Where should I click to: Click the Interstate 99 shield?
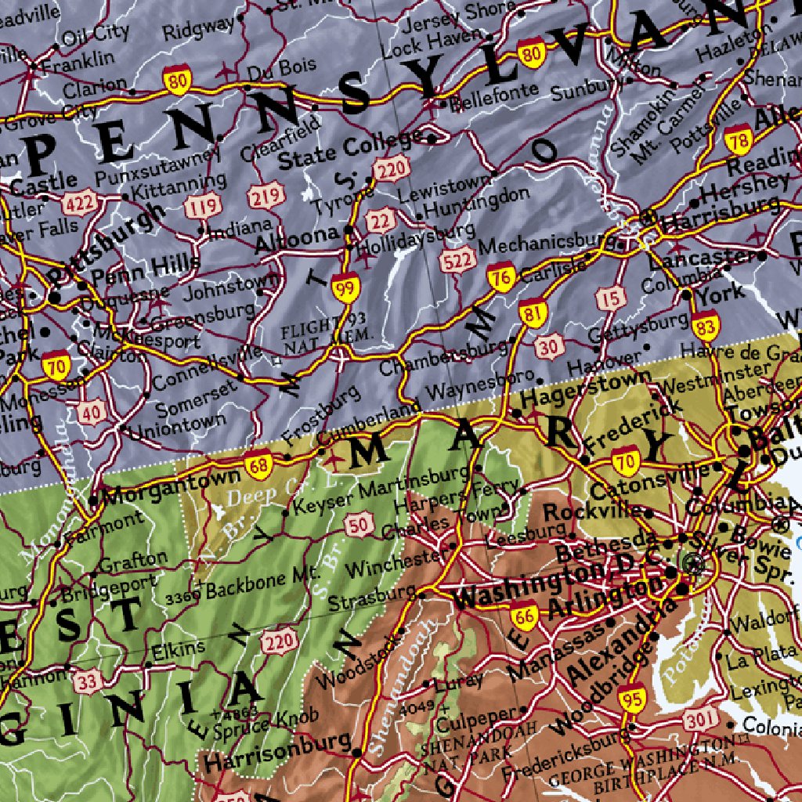click(345, 287)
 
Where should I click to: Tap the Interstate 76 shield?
click(500, 276)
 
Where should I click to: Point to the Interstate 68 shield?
click(258, 466)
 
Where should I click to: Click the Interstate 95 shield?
click(630, 698)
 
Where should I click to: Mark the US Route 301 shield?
click(701, 719)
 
